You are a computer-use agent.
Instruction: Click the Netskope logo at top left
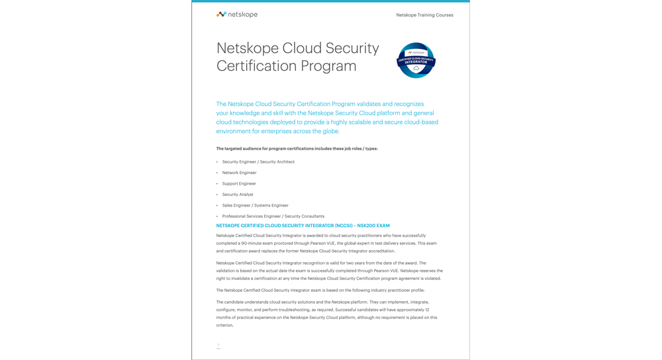236,15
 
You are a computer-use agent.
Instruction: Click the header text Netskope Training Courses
424,15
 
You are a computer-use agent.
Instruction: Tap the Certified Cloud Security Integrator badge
416,60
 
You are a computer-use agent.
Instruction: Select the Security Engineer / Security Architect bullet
258,161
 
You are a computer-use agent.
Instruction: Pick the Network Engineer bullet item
239,173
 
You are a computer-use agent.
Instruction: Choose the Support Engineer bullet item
239,183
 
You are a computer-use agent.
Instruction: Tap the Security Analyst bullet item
238,195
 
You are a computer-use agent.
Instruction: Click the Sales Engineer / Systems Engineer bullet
255,205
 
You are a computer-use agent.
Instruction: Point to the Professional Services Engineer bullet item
273,216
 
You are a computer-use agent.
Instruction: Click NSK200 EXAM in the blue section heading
373,226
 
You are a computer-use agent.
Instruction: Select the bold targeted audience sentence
297,149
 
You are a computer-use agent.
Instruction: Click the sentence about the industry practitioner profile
320,291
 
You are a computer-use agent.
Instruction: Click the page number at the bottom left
218,345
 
